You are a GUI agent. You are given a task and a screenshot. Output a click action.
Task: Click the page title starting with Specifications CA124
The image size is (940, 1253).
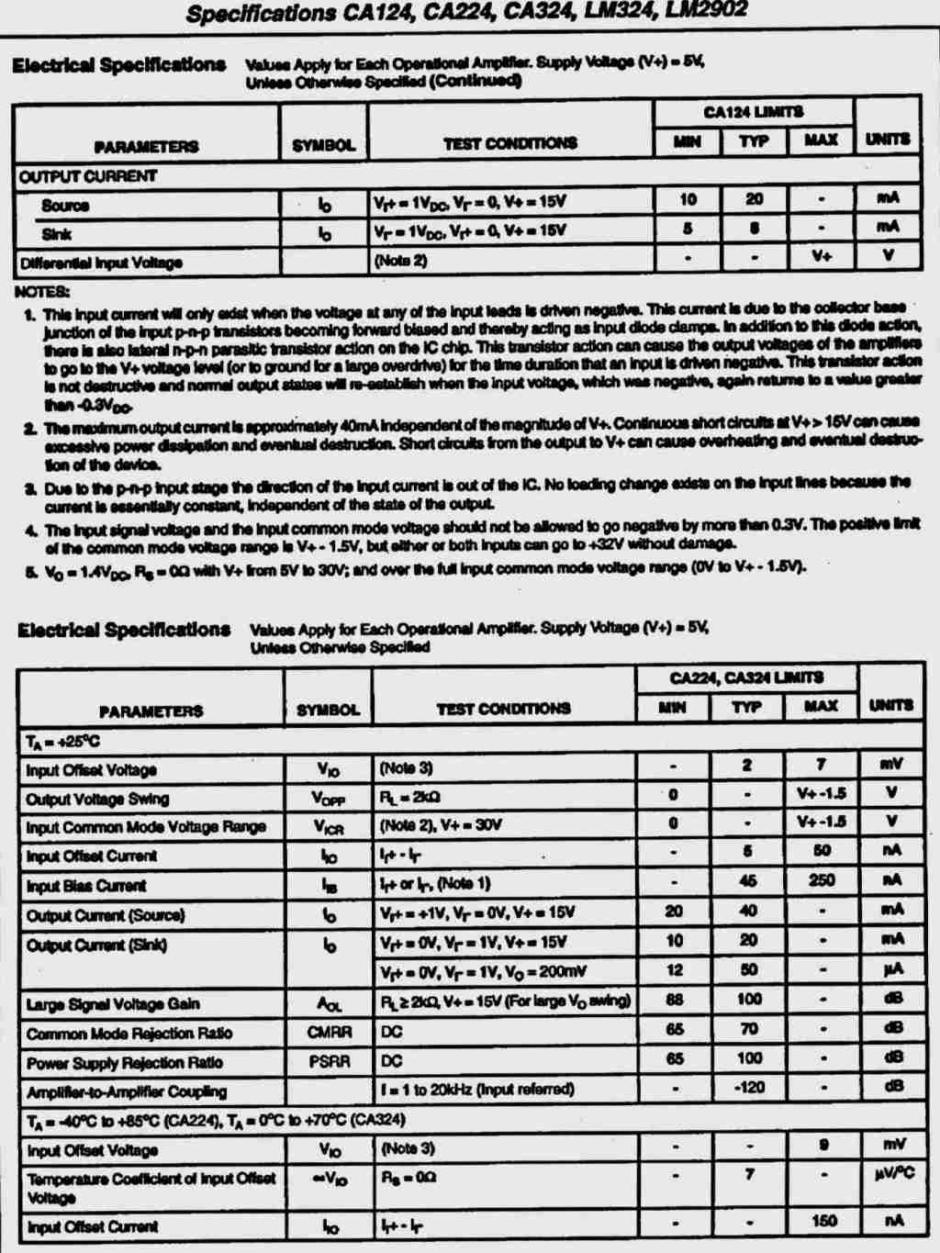pyautogui.click(x=466, y=13)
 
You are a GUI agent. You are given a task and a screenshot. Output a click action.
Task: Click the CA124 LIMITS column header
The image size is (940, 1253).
pyautogui.click(x=753, y=113)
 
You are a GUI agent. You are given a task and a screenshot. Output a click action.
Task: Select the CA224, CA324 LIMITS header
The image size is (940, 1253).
pyautogui.click(x=746, y=678)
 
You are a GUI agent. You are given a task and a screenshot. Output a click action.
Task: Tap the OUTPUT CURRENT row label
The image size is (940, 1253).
pyautogui.click(x=88, y=176)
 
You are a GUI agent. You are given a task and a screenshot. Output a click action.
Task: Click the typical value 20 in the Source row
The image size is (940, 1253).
pyautogui.click(x=754, y=199)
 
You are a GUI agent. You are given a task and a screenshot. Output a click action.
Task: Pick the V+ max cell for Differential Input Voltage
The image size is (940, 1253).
pyautogui.click(x=821, y=256)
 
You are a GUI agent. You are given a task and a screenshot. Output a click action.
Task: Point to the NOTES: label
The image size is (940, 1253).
pyautogui.click(x=42, y=292)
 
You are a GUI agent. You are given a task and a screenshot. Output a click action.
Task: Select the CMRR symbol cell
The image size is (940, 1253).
pyautogui.click(x=329, y=1033)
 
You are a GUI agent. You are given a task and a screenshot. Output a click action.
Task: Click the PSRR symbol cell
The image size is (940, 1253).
pyautogui.click(x=329, y=1062)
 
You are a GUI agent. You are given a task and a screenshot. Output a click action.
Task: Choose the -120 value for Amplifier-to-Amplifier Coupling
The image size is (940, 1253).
pyautogui.click(x=749, y=1088)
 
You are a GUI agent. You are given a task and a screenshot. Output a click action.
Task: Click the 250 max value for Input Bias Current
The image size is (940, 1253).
pyautogui.click(x=821, y=880)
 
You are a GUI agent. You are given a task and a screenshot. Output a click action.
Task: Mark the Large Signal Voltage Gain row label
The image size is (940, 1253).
pyautogui.click(x=113, y=1004)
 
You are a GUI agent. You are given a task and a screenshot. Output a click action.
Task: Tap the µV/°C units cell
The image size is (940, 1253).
pyautogui.click(x=892, y=1173)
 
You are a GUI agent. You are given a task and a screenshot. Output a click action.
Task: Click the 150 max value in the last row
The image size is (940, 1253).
pyautogui.click(x=823, y=1221)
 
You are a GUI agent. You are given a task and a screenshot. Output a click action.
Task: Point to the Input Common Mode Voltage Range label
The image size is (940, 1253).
pyautogui.click(x=146, y=827)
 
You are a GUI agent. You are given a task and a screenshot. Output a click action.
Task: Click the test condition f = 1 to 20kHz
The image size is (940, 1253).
pyautogui.click(x=476, y=1090)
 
